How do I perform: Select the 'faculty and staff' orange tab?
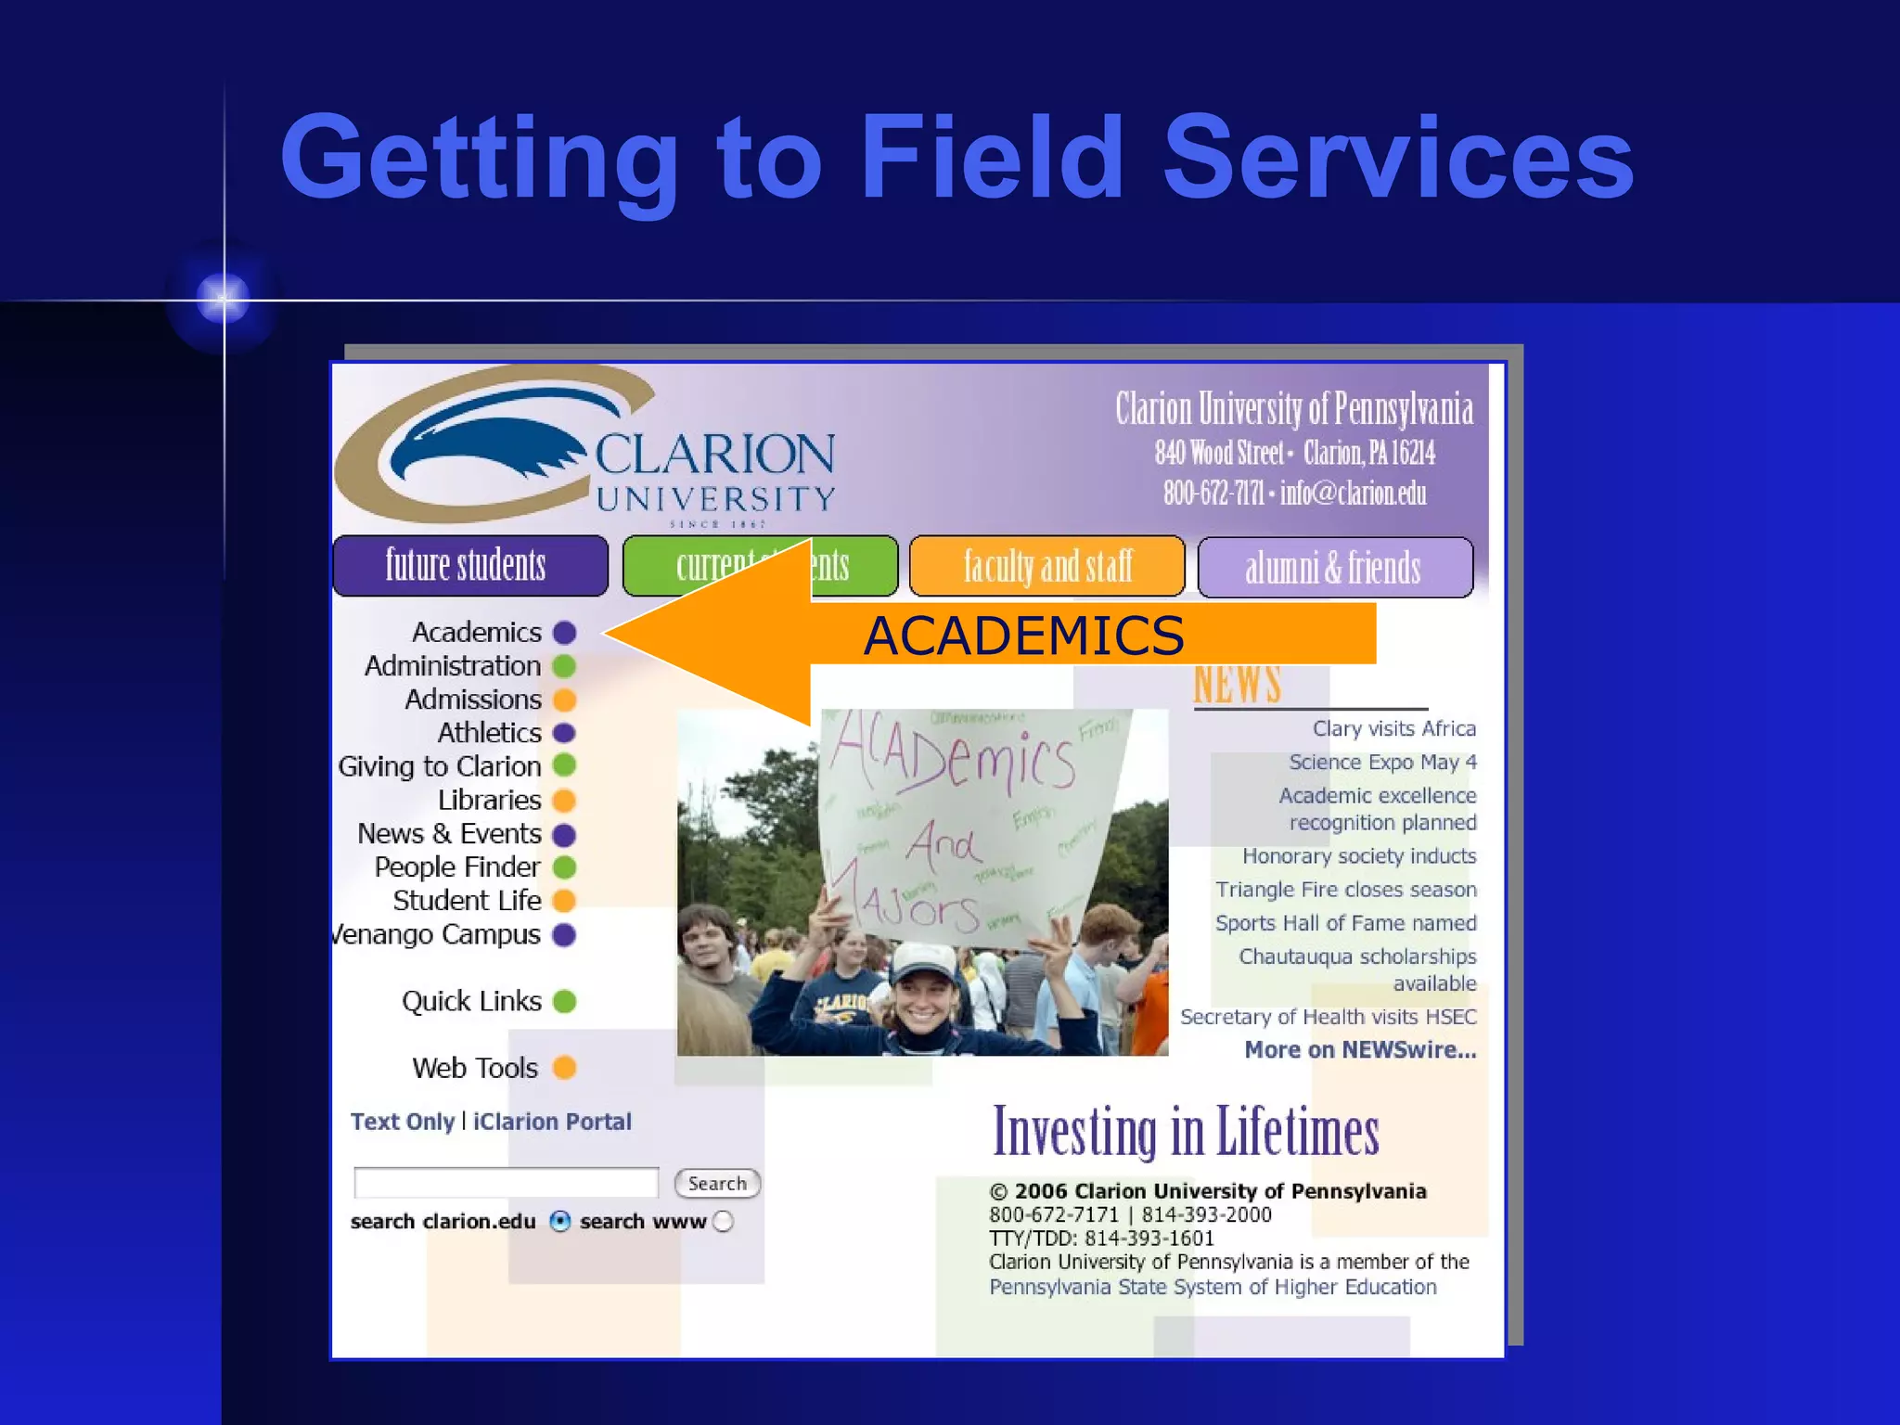[x=1046, y=566]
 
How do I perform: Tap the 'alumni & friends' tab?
[x=1334, y=567]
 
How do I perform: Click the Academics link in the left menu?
[x=477, y=633]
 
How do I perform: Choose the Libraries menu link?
[x=489, y=800]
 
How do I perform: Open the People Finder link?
[x=456, y=867]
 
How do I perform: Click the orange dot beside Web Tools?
[x=564, y=1068]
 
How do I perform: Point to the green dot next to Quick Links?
[x=564, y=1002]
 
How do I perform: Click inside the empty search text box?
[x=506, y=1183]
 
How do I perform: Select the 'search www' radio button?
[x=724, y=1222]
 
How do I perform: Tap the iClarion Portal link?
[x=552, y=1122]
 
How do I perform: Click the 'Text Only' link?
[x=403, y=1122]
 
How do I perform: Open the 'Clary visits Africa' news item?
[x=1393, y=729]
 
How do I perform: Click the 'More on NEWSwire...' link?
[x=1360, y=1050]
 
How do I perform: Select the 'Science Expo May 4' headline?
[x=1382, y=763]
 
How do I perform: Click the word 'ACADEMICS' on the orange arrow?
[x=1023, y=635]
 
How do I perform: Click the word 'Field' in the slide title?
[x=992, y=158]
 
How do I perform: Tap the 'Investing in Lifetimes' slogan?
[x=1186, y=1132]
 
